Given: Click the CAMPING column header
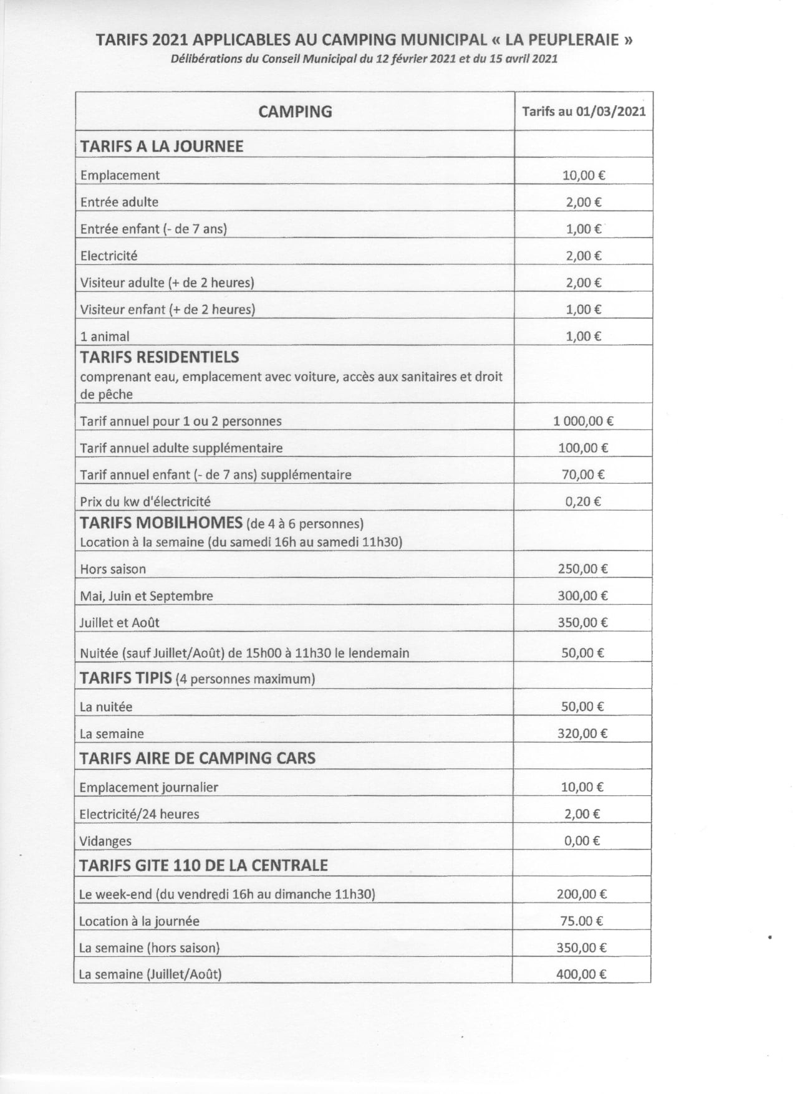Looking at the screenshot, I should [x=295, y=112].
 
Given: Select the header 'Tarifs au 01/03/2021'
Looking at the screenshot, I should [x=584, y=112].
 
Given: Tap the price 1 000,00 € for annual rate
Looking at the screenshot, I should [x=583, y=421].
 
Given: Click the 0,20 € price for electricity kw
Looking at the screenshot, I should [x=583, y=501].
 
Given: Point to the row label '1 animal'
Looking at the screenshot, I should [x=105, y=337].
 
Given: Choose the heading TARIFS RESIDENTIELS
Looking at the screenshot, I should [x=160, y=357].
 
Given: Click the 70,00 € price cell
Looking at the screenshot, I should [x=583, y=474].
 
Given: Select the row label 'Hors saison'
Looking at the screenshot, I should [x=113, y=569].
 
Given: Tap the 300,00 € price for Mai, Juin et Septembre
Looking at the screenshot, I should [x=582, y=595].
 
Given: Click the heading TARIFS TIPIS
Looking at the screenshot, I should [x=126, y=678].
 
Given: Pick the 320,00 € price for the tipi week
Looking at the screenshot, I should [x=582, y=734].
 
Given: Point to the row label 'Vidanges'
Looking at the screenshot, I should [x=105, y=841].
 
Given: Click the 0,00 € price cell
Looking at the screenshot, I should [x=582, y=841].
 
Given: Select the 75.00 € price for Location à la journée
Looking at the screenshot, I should [x=581, y=921].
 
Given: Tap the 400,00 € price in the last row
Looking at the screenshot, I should [x=581, y=974].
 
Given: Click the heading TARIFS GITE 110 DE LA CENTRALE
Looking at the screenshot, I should [x=203, y=865].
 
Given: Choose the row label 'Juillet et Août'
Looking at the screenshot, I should [x=119, y=622].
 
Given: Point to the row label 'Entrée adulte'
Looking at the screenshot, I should [x=119, y=202].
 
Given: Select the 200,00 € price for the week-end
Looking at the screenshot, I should [x=581, y=894].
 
